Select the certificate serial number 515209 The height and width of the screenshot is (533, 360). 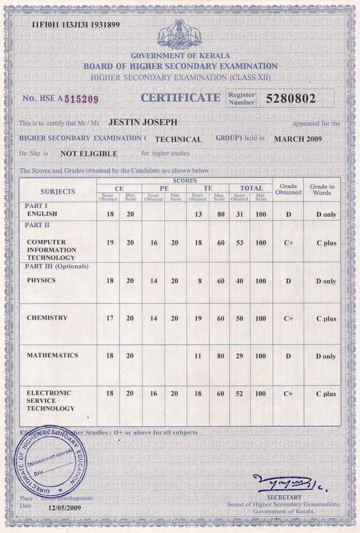tap(81, 99)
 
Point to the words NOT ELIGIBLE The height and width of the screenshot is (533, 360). tap(89, 153)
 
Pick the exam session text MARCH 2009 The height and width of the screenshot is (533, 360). tap(298, 139)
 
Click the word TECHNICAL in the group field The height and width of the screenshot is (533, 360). tap(178, 139)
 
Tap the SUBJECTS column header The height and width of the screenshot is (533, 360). tap(58, 191)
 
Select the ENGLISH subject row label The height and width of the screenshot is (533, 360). tap(42, 214)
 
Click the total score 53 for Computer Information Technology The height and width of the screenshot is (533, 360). tap(239, 243)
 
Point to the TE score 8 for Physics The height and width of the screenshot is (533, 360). tap(198, 280)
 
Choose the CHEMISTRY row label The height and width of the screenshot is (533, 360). tap(47, 317)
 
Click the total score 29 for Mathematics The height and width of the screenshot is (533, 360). tap(239, 356)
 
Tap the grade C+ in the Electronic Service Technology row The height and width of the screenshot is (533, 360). tap(288, 394)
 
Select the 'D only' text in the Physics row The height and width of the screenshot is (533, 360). tap(326, 281)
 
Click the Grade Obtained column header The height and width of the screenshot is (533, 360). tap(288, 190)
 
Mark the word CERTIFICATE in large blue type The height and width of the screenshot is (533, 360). tap(180, 97)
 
